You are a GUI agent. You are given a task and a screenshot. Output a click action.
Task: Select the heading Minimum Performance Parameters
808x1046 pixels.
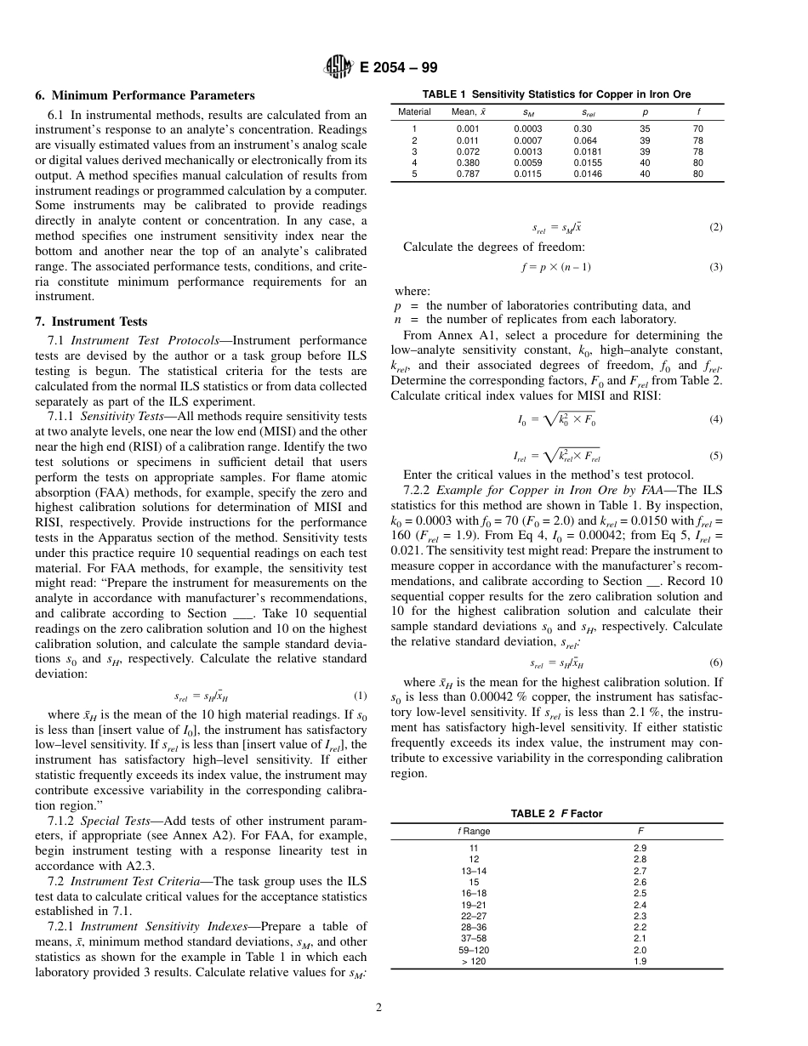tap(145, 95)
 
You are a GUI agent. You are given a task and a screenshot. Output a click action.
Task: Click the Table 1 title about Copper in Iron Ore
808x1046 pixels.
tap(556, 94)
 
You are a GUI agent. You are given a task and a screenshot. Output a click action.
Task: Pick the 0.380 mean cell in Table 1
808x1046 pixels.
tap(467, 162)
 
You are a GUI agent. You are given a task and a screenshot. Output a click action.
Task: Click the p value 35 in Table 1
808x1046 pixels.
tap(645, 128)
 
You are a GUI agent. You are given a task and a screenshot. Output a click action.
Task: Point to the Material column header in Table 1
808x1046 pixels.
tap(414, 111)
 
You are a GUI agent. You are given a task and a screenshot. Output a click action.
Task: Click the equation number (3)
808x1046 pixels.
tap(715, 267)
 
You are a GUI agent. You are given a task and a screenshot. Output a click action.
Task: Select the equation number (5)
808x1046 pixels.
tap(715, 456)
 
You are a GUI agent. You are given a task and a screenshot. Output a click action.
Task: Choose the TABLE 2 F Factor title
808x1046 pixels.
tap(556, 814)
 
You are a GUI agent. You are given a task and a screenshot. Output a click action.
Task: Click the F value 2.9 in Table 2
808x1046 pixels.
tap(640, 849)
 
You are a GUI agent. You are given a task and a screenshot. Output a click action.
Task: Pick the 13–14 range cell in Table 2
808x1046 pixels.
tap(474, 871)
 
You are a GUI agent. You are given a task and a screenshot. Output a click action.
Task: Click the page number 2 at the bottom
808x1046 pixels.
tap(379, 1009)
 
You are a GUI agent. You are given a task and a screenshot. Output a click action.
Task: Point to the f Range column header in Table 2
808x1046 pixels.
tap(474, 830)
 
